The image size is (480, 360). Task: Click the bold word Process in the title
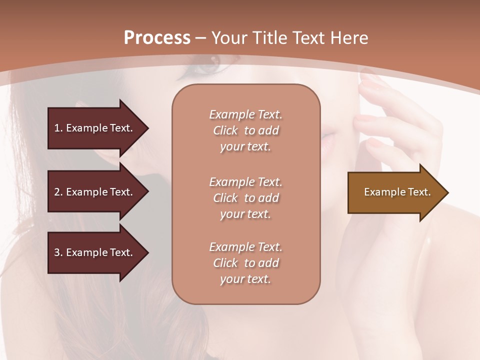(x=157, y=38)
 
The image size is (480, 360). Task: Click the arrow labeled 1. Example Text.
(x=95, y=128)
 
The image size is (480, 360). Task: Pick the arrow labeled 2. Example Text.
(x=95, y=192)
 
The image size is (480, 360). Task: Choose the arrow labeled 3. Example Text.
(x=95, y=253)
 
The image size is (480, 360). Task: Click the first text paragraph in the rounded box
(x=245, y=130)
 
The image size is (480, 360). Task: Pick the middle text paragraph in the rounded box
(x=245, y=197)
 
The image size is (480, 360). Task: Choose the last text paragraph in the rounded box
(x=245, y=263)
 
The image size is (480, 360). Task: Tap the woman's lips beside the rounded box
(x=328, y=141)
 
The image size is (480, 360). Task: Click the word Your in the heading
(x=228, y=38)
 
